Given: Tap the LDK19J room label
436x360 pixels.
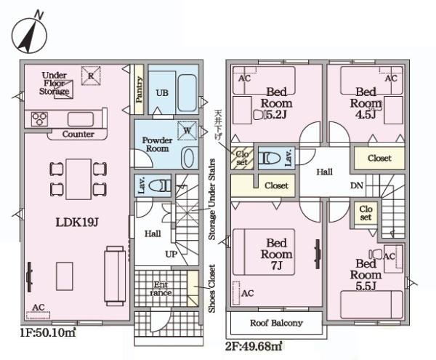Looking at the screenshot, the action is [77, 223].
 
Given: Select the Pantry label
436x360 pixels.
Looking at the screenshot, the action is [140, 89].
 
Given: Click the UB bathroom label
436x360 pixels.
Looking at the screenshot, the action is [162, 92].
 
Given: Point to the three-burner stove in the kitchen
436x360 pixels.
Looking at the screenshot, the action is [39, 119].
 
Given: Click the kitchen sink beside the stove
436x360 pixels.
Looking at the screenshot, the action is [81, 119].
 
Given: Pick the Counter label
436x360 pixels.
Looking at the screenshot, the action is [78, 134].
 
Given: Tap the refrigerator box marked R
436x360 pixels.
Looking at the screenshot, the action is [91, 76].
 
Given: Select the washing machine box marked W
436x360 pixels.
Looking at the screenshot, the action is [187, 130].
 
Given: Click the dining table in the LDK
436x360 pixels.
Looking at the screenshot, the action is [78, 179].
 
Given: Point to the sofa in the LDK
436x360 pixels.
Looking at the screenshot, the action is [115, 276].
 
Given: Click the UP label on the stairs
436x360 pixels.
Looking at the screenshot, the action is [171, 254].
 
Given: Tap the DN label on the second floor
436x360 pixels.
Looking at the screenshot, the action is [357, 185].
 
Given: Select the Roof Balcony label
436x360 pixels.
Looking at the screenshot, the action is [276, 323].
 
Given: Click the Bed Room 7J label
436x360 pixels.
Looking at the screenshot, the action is [276, 255].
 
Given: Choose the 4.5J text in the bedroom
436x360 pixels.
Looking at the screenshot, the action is [366, 114].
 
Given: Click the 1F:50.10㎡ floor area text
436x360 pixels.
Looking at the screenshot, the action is [48, 332].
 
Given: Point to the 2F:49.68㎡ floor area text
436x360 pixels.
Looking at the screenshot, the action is [254, 346].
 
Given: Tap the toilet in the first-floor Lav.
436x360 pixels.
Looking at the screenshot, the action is [160, 185].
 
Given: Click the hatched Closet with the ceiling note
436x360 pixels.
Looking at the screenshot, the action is [242, 158].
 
